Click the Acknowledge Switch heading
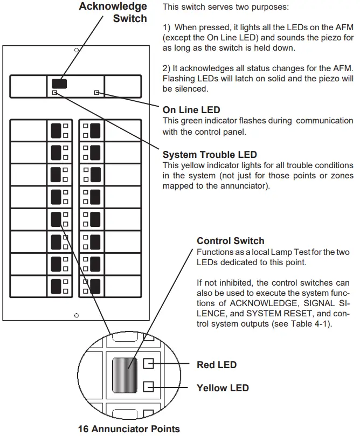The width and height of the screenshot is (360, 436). point(113,12)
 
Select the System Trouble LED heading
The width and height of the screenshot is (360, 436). point(210,155)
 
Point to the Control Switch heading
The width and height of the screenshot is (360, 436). point(230,241)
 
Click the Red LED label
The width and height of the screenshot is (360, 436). point(217,365)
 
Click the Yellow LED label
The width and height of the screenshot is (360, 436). point(223,387)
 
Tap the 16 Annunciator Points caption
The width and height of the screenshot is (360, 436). point(129,428)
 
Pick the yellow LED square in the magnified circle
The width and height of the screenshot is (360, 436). point(149,386)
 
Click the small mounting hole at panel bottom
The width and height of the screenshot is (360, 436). point(76,315)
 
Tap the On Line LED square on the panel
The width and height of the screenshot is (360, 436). point(97,92)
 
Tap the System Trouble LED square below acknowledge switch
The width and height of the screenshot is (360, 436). point(54,93)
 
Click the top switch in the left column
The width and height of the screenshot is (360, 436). point(56,130)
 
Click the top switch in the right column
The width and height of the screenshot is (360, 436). point(95,130)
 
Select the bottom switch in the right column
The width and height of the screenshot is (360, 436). point(95,286)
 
